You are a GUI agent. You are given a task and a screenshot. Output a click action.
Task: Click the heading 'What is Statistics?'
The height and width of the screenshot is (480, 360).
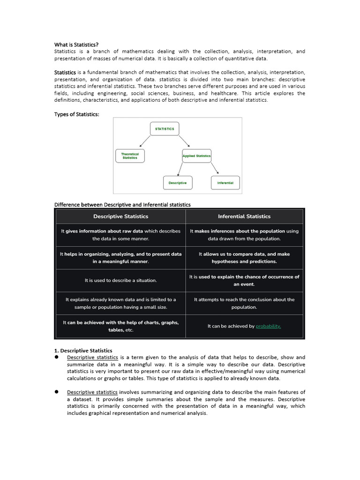click(x=76, y=45)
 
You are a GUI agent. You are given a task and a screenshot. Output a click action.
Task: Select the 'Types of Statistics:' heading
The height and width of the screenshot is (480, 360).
click(x=77, y=115)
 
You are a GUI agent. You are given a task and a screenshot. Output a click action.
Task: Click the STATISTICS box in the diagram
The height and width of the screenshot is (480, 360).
click(x=165, y=129)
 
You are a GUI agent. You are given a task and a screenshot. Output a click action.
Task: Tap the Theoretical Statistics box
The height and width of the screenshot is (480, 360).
click(x=130, y=156)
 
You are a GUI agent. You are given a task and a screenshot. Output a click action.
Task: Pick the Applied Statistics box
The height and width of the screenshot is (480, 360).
click(x=196, y=156)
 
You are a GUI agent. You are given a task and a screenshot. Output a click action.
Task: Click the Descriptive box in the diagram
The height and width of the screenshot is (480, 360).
click(x=178, y=183)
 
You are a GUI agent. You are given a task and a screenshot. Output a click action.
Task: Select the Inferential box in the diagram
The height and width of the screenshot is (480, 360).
click(x=225, y=183)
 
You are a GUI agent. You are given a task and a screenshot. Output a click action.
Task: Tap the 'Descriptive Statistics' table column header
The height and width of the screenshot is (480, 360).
click(x=121, y=217)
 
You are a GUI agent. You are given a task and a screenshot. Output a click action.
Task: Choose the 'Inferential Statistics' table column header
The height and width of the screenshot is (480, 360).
click(x=244, y=217)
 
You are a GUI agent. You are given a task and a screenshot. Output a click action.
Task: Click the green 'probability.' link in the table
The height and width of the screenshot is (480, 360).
click(x=268, y=326)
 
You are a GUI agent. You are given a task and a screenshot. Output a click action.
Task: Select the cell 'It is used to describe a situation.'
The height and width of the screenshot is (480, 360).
click(x=121, y=280)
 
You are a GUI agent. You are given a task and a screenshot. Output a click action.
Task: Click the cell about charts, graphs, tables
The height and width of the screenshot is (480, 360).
click(x=121, y=326)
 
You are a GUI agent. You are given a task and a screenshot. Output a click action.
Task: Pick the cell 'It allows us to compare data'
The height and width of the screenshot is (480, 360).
click(x=244, y=257)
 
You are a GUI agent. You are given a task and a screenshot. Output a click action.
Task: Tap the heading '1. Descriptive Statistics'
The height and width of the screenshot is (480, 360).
click(x=83, y=350)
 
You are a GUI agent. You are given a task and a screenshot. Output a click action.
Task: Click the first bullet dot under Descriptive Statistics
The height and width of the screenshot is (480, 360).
click(x=57, y=357)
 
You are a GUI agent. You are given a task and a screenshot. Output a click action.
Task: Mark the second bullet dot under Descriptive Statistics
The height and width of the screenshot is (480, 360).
click(x=57, y=392)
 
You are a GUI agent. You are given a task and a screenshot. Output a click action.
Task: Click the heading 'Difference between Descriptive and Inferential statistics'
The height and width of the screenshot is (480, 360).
click(x=122, y=204)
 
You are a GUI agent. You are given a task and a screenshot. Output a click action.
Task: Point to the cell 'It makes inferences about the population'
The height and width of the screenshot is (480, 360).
click(x=244, y=234)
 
